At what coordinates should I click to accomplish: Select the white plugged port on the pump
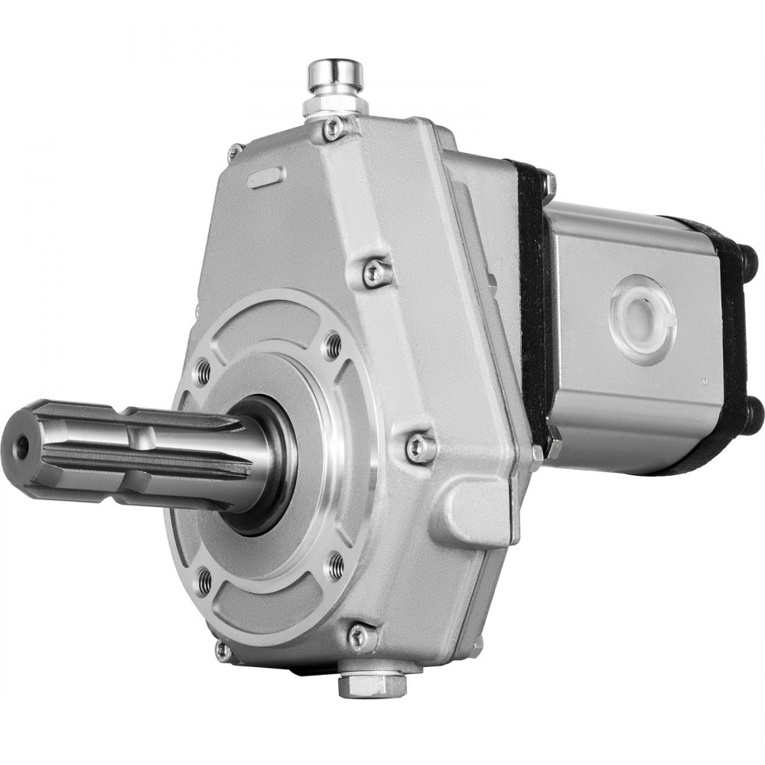click(x=642, y=314)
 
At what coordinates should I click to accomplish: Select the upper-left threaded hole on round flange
click(x=203, y=372)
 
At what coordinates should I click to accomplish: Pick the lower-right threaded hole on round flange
click(x=335, y=567)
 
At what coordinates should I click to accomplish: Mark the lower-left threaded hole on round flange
click(x=204, y=583)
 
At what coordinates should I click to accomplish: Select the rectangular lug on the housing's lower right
click(x=474, y=509)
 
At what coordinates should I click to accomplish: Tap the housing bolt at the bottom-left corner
click(x=223, y=650)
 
